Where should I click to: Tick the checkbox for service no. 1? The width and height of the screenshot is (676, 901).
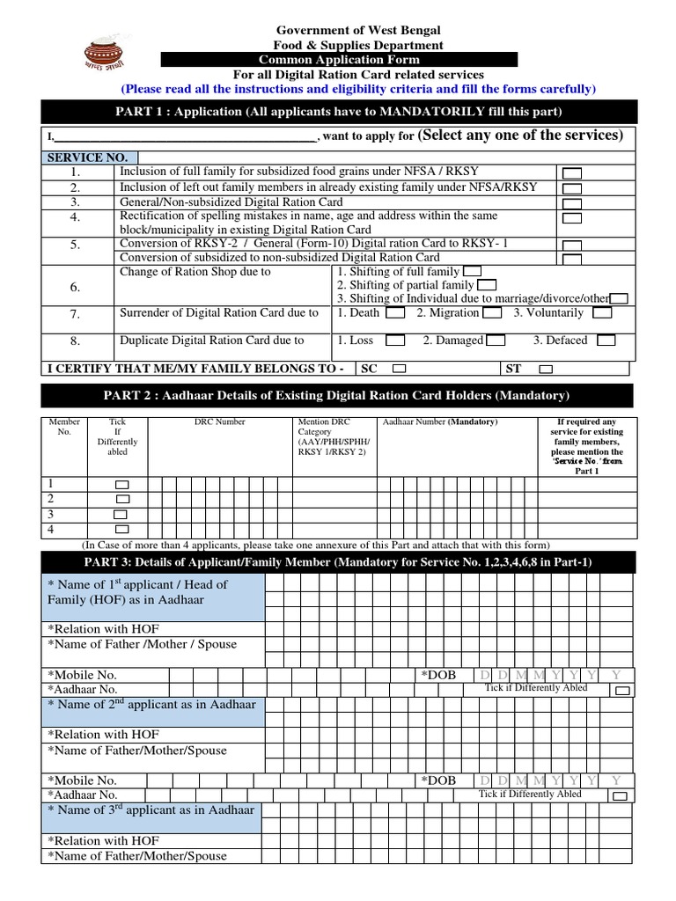tap(571, 172)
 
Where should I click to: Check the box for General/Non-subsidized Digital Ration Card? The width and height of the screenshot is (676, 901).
tap(571, 203)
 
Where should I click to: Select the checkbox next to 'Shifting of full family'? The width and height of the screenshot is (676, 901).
tap(472, 272)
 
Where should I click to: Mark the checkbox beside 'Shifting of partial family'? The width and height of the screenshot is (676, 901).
tap(486, 285)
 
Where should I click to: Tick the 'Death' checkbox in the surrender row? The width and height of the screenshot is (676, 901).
tap(396, 313)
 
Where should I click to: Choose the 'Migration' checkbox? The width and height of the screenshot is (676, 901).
tap(493, 313)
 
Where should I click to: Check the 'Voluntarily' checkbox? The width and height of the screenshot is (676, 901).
tap(602, 313)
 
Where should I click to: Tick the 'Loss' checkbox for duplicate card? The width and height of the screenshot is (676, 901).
tap(396, 341)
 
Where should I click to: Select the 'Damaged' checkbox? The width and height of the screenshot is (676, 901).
tap(496, 341)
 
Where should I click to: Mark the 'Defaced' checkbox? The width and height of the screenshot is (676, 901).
tap(605, 341)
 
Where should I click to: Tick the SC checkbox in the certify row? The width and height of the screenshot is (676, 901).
tap(399, 370)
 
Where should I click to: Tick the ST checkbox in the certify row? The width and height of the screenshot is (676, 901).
tap(546, 370)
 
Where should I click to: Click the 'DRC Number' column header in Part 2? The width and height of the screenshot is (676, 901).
tap(220, 422)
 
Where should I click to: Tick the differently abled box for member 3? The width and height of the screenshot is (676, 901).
tap(122, 515)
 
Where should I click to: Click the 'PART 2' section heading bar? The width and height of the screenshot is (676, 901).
tap(337, 395)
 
